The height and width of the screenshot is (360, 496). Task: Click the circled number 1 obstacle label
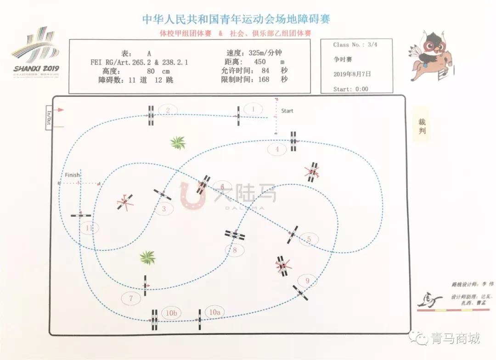tap(253, 109)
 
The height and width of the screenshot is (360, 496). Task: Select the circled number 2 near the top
tap(168, 110)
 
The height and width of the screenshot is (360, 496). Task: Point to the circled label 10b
tap(171, 313)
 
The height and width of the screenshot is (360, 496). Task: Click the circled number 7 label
tap(131, 298)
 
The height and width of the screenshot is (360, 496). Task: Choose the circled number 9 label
tap(307, 281)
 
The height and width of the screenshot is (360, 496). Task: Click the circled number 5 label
tap(309, 239)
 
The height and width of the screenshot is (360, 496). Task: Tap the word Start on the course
tap(287, 111)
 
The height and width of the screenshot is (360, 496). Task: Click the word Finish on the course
tap(72, 175)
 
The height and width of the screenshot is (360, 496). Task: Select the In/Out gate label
tap(48, 118)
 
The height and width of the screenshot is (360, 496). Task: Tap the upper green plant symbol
tap(178, 142)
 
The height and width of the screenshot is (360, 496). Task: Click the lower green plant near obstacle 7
tap(147, 258)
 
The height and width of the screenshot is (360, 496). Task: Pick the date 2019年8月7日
tap(352, 73)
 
